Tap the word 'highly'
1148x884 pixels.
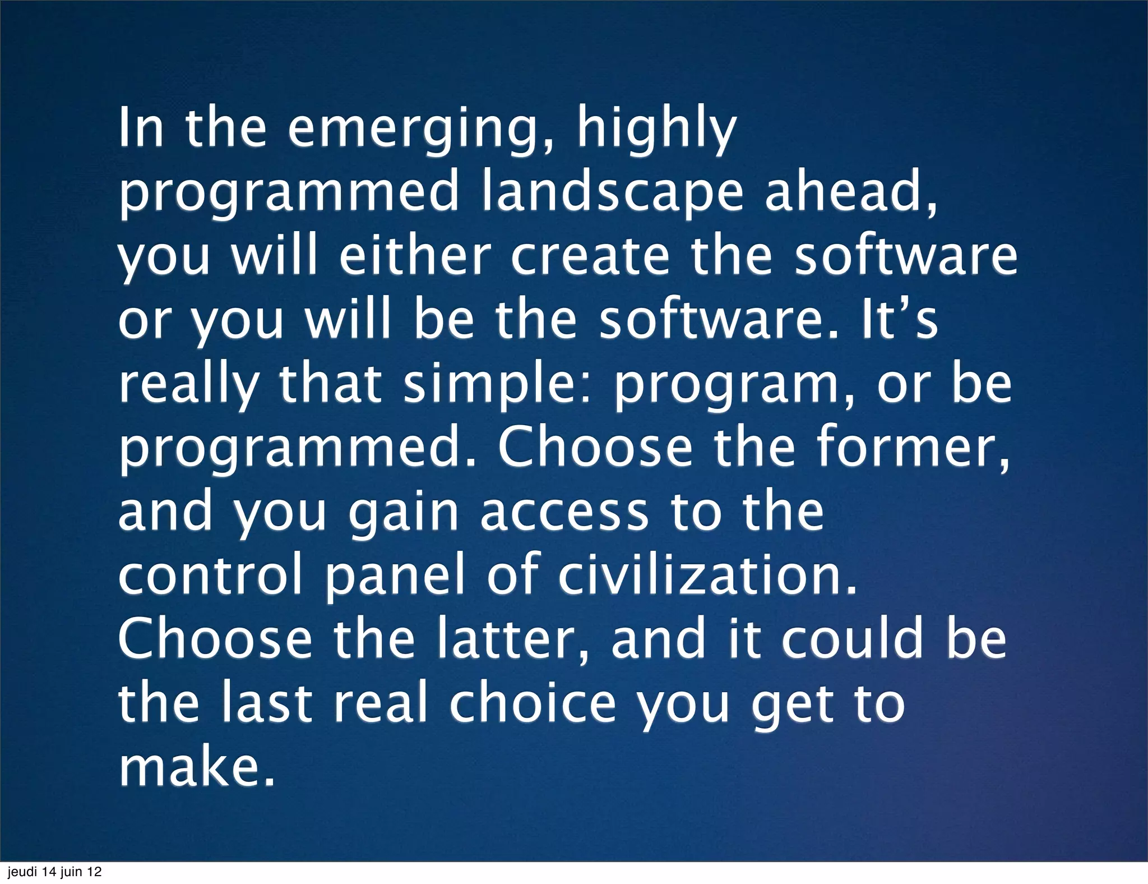655,130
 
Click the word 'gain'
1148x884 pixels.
404,513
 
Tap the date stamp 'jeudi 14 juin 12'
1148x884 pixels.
54,872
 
